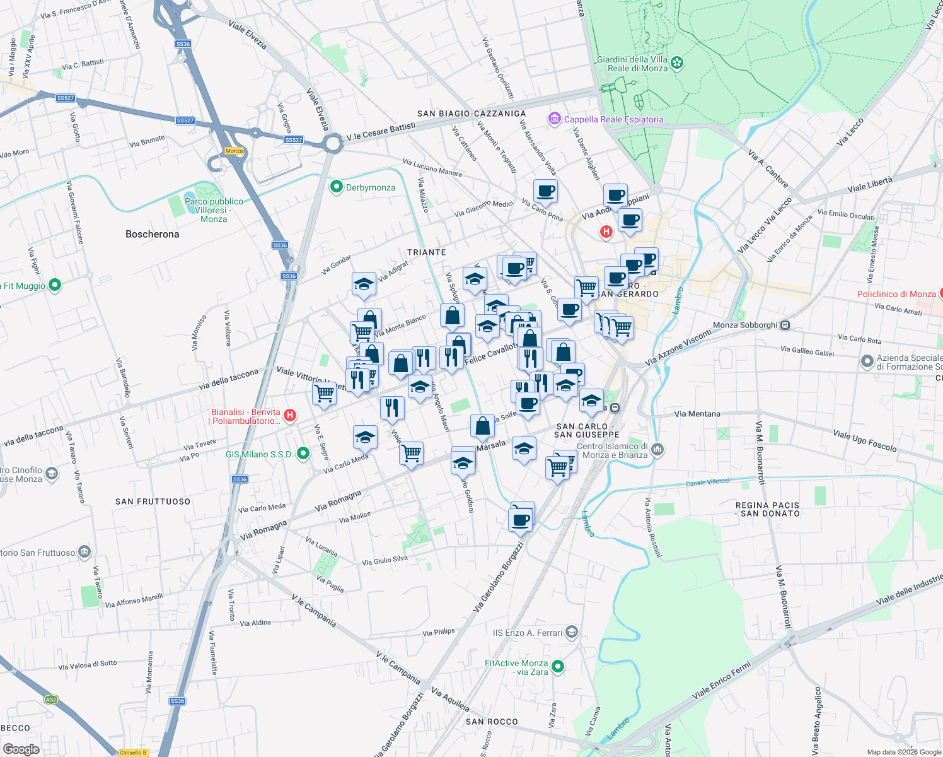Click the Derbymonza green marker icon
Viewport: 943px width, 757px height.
(x=337, y=187)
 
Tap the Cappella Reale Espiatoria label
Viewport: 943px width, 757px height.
(x=613, y=119)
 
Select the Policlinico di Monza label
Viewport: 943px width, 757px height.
(x=896, y=294)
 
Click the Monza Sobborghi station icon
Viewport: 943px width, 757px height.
(x=785, y=326)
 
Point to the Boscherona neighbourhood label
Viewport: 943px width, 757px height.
(x=152, y=234)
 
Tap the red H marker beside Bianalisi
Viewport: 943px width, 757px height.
(x=290, y=415)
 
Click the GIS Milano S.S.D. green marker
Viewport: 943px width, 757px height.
(x=303, y=454)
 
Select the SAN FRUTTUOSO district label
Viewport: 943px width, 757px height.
(x=153, y=502)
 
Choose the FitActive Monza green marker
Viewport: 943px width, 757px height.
(x=557, y=666)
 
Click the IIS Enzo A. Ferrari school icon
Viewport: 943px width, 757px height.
(x=571, y=632)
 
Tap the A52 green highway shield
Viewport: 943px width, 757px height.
(x=51, y=699)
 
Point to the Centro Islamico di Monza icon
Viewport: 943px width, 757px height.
(x=657, y=449)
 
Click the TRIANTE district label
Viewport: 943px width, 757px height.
(x=427, y=252)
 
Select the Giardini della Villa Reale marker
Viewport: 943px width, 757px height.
(x=677, y=62)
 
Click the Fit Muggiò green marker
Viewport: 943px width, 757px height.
(x=55, y=285)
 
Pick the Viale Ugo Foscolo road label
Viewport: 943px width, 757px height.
(x=864, y=440)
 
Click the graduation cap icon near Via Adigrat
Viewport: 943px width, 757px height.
(x=364, y=285)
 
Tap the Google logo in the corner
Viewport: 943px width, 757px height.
(x=21, y=749)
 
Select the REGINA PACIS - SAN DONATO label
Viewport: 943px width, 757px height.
(x=767, y=510)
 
